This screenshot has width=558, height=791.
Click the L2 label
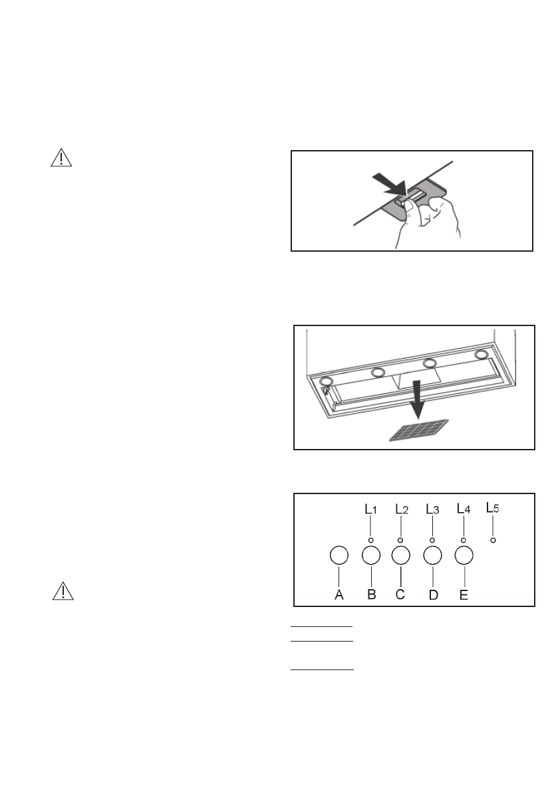pyautogui.click(x=401, y=510)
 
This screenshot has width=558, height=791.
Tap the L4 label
pyautogui.click(x=464, y=510)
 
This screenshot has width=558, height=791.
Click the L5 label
pyautogui.click(x=493, y=508)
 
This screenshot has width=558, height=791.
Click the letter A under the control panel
pyautogui.click(x=339, y=595)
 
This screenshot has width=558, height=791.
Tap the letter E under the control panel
pyautogui.click(x=464, y=595)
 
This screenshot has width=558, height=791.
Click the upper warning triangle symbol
pyautogui.click(x=61, y=158)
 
